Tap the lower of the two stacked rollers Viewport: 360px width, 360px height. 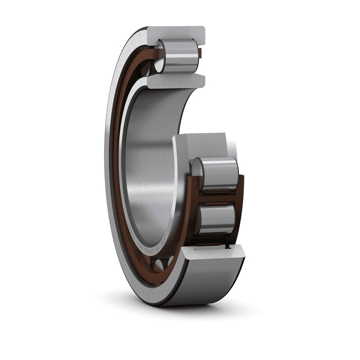[x=217, y=219]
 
